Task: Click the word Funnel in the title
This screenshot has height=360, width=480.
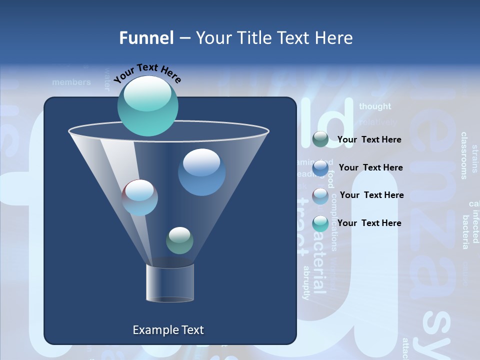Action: coord(146,38)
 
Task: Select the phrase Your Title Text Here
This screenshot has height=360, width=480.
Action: coord(274,38)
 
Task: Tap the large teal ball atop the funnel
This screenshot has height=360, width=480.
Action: coord(148,105)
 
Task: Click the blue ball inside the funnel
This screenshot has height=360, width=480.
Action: coord(201,172)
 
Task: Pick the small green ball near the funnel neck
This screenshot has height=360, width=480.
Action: coord(179,240)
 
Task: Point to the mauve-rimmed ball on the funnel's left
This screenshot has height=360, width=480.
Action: coord(140,197)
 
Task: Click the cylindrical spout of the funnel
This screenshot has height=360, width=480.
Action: coord(170,283)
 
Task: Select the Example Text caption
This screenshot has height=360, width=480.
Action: coord(168,330)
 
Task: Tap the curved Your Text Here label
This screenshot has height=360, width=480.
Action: coord(147,72)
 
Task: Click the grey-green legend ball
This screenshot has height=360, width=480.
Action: coord(320,139)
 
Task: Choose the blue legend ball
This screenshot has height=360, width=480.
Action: coord(320,168)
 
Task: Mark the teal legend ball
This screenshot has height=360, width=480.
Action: coord(320,223)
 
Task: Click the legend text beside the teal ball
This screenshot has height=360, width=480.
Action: coord(369,223)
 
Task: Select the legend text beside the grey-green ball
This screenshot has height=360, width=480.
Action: coord(369,139)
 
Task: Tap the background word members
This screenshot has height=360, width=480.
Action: coord(71,82)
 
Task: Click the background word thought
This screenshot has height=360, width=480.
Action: coord(375,106)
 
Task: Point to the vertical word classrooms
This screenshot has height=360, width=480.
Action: coord(463,155)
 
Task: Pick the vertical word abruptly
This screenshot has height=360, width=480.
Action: coord(306,282)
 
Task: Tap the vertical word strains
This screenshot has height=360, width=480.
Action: coord(475,158)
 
